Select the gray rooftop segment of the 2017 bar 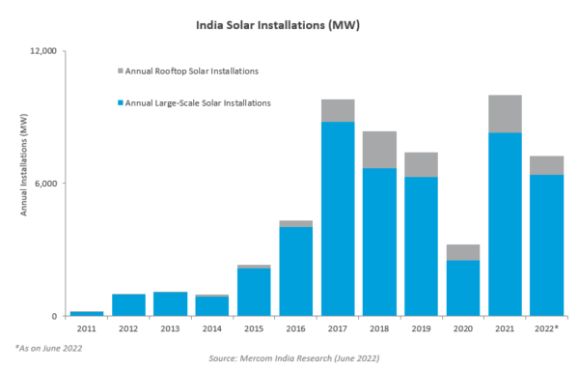(338, 110)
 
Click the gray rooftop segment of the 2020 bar (463, 252)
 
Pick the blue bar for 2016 (295, 271)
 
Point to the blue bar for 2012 (128, 305)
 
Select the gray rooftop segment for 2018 (379, 150)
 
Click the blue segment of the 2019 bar (422, 246)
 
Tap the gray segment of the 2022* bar (547, 165)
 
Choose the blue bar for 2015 (254, 292)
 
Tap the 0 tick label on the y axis (55, 317)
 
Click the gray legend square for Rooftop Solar (120, 71)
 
